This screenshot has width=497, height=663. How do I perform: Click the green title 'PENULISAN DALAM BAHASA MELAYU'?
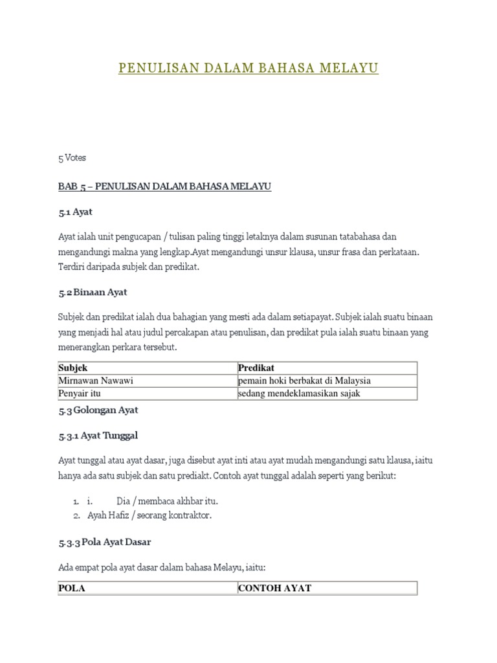coord(248,68)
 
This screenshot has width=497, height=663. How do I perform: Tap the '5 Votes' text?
coord(72,157)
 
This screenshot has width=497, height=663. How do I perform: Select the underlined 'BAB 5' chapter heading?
coord(164,186)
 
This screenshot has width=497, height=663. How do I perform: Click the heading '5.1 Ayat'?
coord(76,212)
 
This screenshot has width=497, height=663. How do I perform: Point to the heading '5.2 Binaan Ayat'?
coord(93,292)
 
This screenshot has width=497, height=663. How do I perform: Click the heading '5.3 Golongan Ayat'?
coord(98,410)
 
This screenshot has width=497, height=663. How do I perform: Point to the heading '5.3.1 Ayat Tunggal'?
coord(98,436)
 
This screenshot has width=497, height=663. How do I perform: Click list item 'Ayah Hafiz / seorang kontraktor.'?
coord(149,515)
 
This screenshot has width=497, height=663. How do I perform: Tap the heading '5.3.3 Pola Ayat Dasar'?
coord(104,541)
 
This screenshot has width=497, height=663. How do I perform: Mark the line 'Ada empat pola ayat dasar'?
coord(162,568)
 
